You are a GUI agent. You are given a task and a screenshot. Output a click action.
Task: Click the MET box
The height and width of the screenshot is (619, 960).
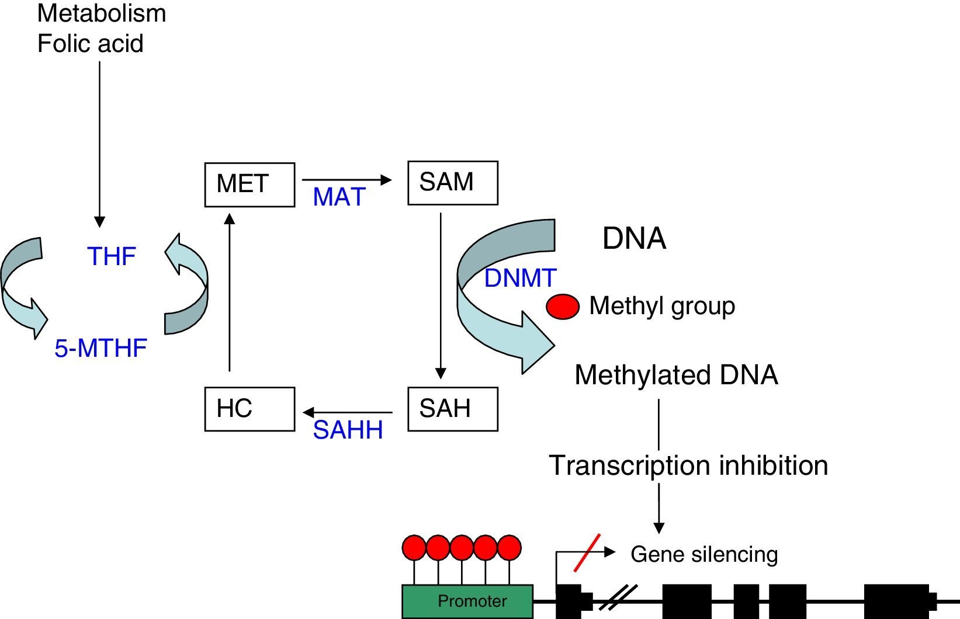(249, 185)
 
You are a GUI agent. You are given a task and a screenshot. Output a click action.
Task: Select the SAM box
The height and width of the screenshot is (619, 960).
(452, 183)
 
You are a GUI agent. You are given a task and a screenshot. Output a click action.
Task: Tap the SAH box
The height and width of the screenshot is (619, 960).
(452, 409)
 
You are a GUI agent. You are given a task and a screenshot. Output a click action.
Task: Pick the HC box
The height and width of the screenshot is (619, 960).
(249, 409)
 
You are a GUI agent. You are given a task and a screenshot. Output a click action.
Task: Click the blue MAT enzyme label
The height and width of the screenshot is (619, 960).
(339, 197)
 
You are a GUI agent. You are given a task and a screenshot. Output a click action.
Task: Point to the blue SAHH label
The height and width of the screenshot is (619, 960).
(348, 430)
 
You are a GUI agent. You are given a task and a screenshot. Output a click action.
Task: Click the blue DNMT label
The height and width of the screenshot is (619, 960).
(520, 278)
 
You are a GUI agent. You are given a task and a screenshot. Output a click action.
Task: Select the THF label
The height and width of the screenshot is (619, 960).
(112, 256)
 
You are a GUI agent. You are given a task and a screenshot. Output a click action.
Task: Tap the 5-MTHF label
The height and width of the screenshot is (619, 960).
(100, 349)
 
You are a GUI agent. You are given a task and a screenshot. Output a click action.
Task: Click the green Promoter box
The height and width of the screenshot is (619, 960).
(467, 601)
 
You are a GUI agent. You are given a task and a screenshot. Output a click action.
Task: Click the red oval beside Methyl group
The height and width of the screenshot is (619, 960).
(563, 307)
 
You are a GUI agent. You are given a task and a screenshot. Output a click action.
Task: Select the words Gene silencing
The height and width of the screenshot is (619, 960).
(704, 554)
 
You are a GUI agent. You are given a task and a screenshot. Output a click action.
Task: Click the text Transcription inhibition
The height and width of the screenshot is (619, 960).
(688, 465)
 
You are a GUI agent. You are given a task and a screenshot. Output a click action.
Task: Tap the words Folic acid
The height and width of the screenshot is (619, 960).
(91, 44)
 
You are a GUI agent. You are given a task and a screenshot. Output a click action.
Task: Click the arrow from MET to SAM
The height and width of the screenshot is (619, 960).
(346, 180)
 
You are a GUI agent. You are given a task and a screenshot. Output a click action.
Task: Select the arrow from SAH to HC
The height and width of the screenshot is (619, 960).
(348, 413)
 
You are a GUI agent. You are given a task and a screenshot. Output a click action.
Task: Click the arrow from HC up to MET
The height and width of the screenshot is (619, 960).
(230, 292)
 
